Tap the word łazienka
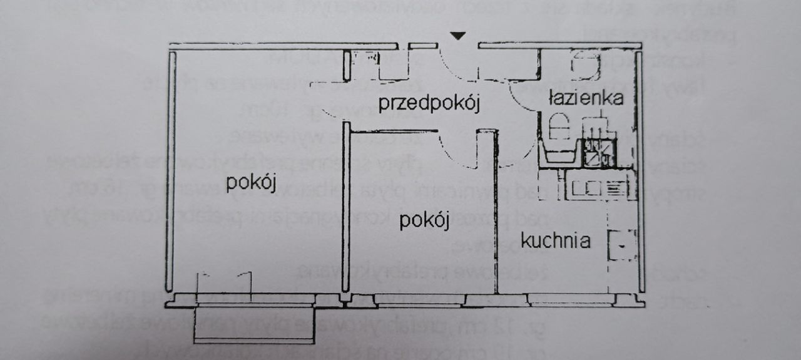(x=586, y=98)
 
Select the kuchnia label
(x=556, y=240)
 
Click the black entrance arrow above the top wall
(x=459, y=36)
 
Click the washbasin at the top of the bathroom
(x=586, y=64)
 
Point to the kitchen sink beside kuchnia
(x=623, y=246)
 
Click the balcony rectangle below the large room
(x=253, y=324)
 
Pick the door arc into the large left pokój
(x=329, y=113)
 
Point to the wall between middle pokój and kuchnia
(x=497, y=213)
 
